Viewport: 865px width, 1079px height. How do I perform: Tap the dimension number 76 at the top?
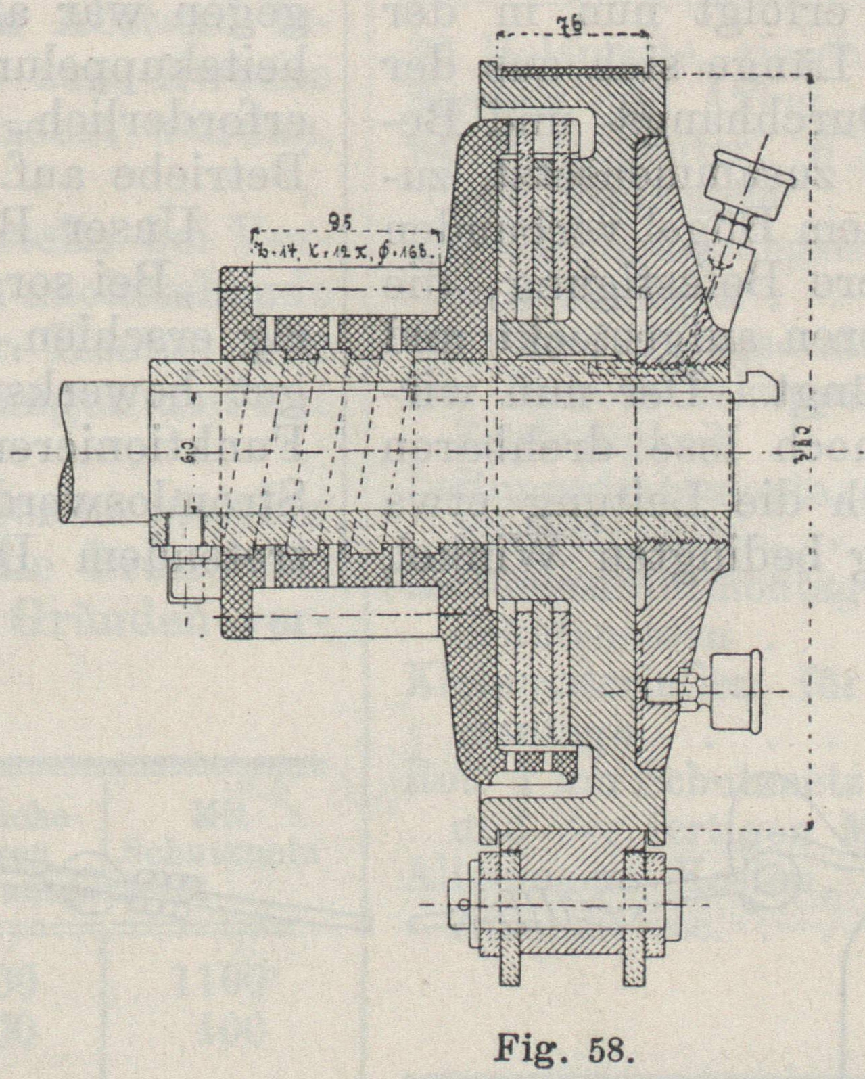571,26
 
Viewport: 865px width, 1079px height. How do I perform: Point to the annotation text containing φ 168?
344,250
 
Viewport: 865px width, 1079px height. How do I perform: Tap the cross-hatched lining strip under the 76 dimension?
572,70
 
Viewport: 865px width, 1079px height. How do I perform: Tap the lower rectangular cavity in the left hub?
345,612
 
